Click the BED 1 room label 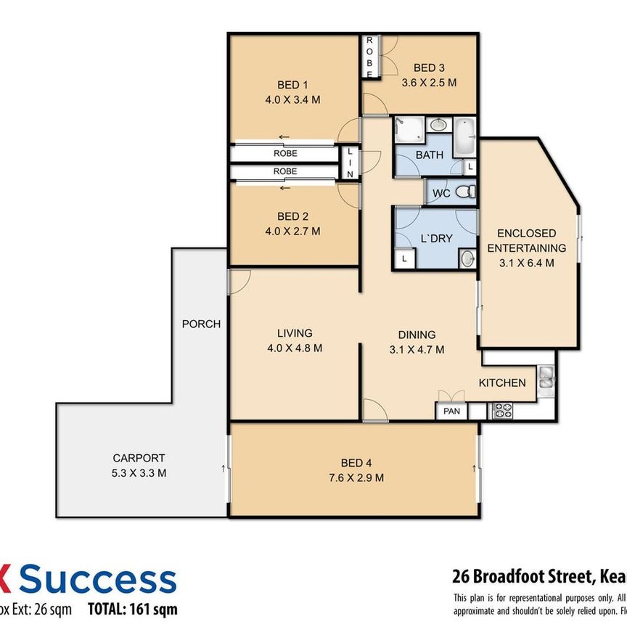pos(294,83)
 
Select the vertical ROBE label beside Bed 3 pos(369,57)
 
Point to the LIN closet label pos(350,163)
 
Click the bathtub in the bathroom pos(464,136)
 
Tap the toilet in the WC pos(468,192)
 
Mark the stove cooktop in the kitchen pos(501,411)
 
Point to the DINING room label pos(417,335)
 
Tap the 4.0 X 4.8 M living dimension pos(294,348)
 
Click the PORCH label pos(201,324)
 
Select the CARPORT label pos(139,458)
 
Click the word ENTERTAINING pos(526,247)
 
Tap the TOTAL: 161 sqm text pos(132,610)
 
